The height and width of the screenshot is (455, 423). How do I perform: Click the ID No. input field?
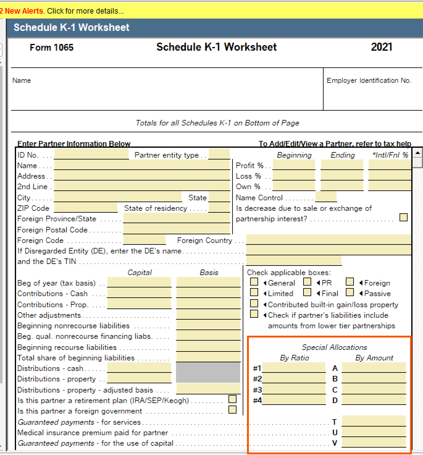point(91,154)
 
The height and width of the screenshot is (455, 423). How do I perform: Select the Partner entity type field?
point(219,154)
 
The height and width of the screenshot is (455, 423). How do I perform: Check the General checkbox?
point(254,282)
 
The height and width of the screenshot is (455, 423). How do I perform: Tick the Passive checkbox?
point(350,292)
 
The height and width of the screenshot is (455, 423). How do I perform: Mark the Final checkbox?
point(307,292)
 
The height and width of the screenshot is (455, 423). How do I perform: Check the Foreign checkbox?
point(350,282)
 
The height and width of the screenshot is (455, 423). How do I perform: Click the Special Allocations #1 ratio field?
point(294,368)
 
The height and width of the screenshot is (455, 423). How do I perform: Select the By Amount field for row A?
point(374,368)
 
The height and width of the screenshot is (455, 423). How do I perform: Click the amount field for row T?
point(374,421)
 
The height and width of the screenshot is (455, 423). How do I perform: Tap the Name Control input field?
point(326,197)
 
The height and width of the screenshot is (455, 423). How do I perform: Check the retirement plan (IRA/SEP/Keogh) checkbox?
point(232,399)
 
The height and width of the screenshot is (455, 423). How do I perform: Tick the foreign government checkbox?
point(232,410)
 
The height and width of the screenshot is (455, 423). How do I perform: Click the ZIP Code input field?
point(86,208)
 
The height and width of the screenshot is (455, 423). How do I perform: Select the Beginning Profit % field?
point(294,165)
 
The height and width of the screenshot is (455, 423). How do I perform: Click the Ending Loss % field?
point(342,176)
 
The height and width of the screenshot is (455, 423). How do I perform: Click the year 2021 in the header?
point(382,47)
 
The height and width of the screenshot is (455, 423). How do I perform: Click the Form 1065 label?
point(52,47)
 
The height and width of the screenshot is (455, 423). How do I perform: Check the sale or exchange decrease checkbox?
point(404,218)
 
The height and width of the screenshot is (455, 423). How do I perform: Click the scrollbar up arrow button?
point(417,153)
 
